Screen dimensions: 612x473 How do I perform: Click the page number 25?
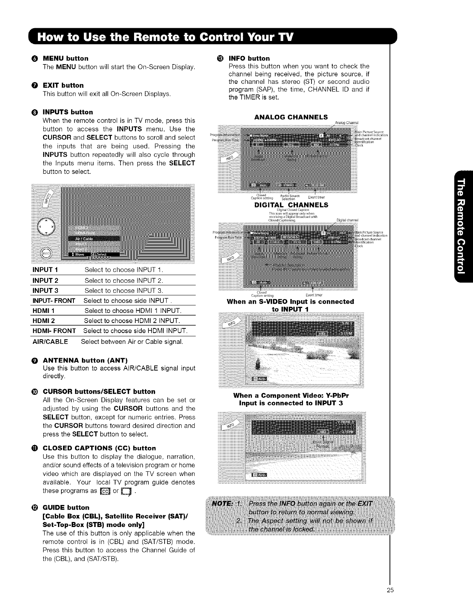point(389,600)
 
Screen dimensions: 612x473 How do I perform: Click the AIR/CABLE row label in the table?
point(50,342)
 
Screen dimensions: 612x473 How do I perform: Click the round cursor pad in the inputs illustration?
point(46,227)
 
